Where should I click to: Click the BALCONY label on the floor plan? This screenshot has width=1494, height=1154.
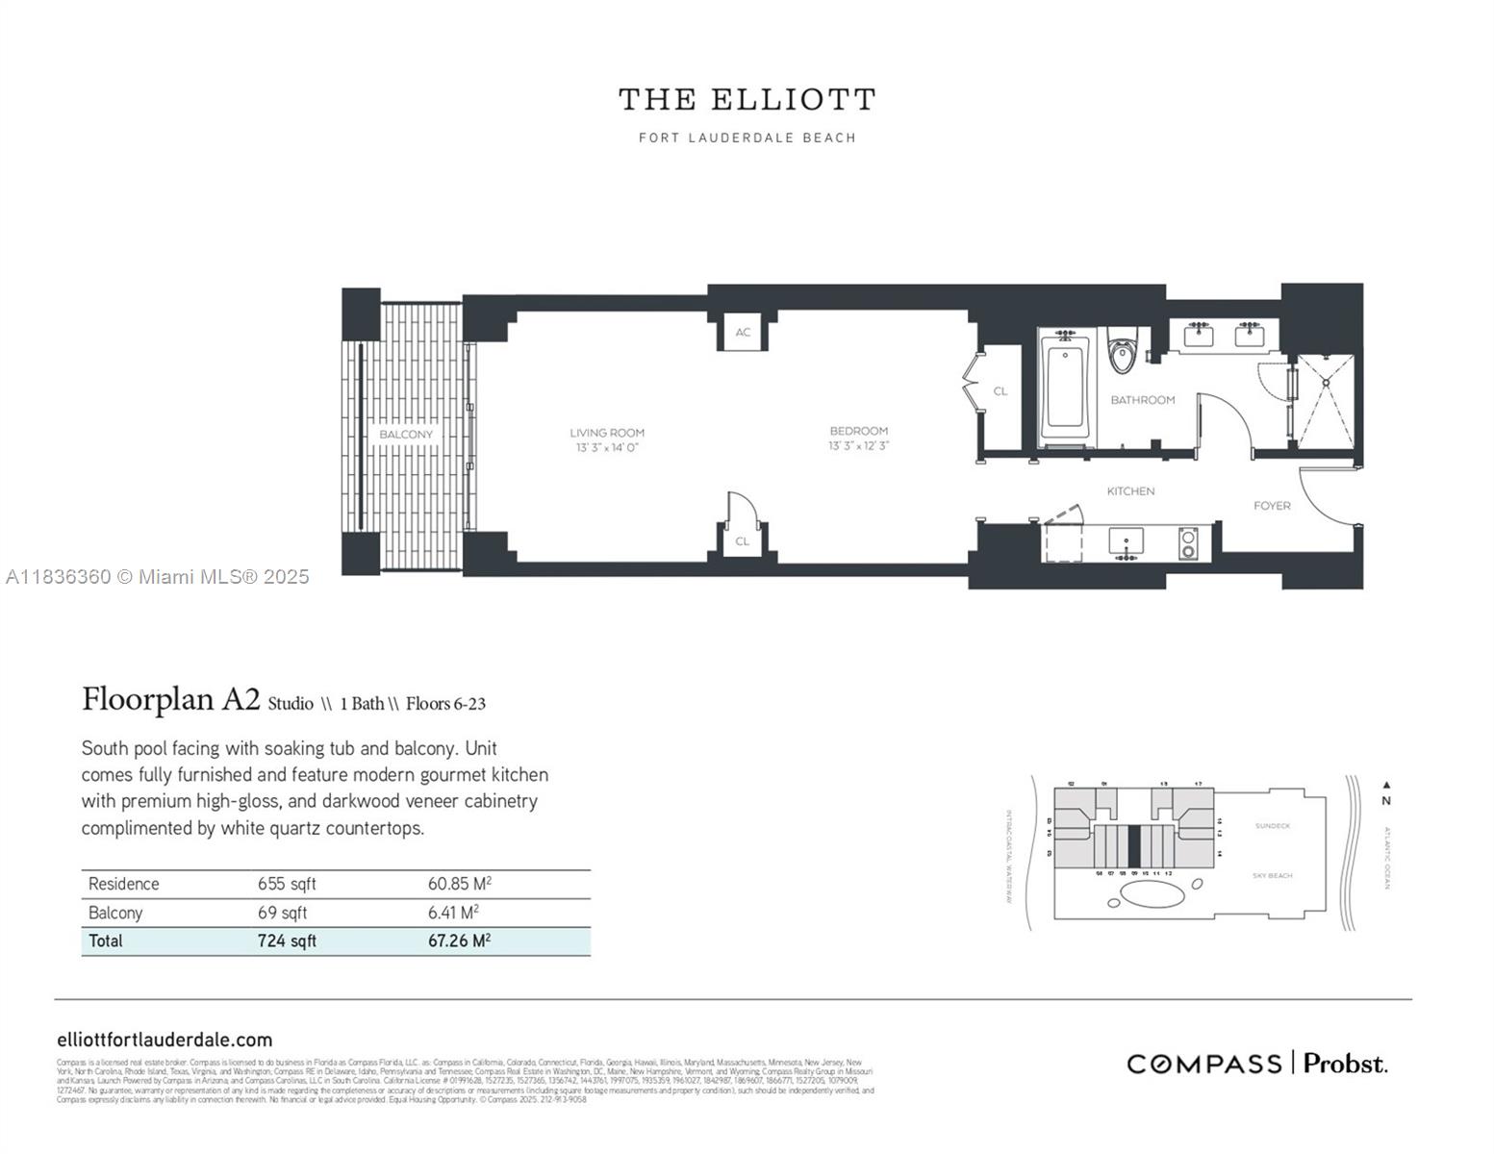(406, 435)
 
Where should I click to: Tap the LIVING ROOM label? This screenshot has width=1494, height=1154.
(607, 433)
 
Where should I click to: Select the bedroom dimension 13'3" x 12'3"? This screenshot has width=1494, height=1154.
(858, 446)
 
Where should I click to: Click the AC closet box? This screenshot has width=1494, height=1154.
(743, 333)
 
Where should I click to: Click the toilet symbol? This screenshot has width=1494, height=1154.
(1122, 354)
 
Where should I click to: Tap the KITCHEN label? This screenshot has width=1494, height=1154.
(1130, 491)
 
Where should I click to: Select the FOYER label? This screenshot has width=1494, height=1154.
(1272, 506)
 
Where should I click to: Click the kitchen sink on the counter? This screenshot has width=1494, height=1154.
(1125, 541)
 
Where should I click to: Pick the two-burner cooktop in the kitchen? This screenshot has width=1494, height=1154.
(1189, 543)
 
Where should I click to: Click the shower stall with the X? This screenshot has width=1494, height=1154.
(1326, 401)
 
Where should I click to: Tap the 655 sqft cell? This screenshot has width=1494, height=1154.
(287, 884)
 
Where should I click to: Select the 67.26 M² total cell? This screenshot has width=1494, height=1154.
(459, 941)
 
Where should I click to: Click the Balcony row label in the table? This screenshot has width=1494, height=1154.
(115, 913)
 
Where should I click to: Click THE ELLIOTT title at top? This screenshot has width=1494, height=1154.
(747, 100)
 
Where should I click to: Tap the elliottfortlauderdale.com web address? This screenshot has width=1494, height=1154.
(165, 1040)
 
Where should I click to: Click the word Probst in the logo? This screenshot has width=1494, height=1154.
(1345, 1064)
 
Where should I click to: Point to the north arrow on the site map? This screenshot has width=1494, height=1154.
(1385, 786)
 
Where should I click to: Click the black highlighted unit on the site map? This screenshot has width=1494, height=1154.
(1134, 845)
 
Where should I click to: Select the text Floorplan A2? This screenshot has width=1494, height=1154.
(170, 699)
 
